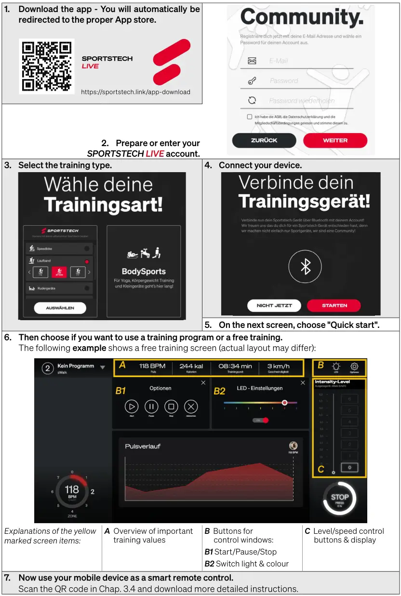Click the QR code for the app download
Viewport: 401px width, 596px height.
47,66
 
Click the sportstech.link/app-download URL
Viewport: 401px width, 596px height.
135,92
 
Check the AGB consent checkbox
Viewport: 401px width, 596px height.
249,117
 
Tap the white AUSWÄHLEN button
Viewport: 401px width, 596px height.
60,308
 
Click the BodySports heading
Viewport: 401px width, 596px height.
144,271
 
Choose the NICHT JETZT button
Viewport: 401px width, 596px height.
274,305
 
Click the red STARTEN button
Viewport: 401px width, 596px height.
334,305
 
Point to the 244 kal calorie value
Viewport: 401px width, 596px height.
191,366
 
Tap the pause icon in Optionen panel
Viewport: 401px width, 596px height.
151,406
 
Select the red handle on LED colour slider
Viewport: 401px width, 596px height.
285,402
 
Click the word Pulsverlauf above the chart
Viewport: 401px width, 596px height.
143,446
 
